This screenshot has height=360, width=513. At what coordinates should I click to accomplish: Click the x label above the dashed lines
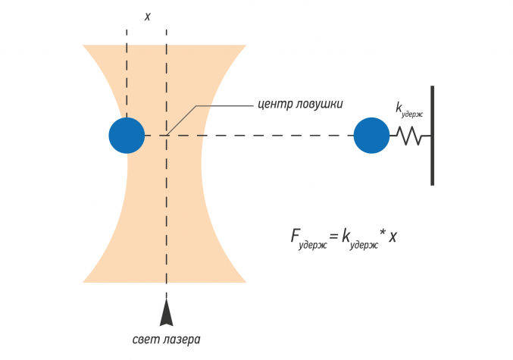147,16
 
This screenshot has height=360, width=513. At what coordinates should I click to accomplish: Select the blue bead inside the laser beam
127,136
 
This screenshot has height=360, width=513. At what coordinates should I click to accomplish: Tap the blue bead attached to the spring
371,136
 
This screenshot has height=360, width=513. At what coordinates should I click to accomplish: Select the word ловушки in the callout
320,103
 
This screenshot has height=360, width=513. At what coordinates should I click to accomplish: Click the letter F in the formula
296,235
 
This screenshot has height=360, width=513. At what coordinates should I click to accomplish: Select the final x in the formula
393,236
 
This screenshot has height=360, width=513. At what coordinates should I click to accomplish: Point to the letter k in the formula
346,235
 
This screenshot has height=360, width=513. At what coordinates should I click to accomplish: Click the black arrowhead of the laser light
166,312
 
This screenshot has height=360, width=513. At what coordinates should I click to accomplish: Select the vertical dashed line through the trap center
166,212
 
